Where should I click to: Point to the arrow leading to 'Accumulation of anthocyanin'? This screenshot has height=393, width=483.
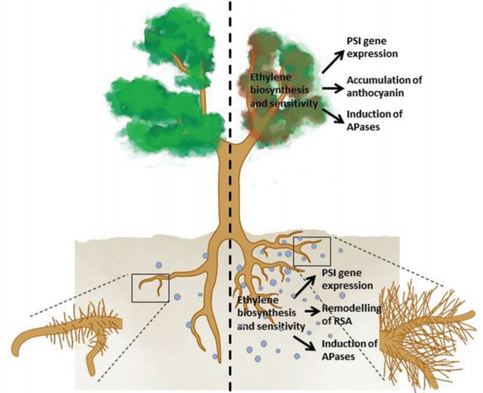pos(333,87)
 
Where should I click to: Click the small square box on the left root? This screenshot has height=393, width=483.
pos(150,287)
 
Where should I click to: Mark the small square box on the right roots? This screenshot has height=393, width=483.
pos(312,252)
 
